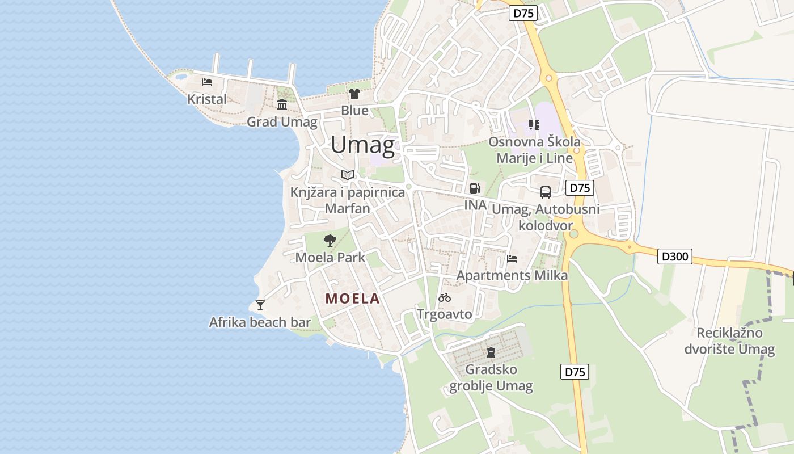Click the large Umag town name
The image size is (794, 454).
click(x=362, y=145)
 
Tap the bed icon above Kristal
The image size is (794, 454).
click(x=207, y=82)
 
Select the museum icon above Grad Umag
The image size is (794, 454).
click(x=282, y=104)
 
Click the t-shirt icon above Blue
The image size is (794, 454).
click(x=354, y=94)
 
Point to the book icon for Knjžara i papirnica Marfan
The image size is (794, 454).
click(x=348, y=175)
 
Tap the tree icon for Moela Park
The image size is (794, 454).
click(x=330, y=240)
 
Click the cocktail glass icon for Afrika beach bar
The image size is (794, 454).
click(x=260, y=305)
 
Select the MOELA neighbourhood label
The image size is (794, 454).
click(x=352, y=299)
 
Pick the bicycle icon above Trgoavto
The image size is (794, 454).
click(x=445, y=297)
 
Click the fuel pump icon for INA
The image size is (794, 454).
click(x=475, y=188)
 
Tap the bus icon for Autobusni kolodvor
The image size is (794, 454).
click(x=546, y=192)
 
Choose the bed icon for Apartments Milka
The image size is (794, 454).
click(x=512, y=259)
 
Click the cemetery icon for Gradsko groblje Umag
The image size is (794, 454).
click(x=491, y=352)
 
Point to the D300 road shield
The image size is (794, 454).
click(x=675, y=257)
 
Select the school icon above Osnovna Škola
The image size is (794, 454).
click(x=534, y=124)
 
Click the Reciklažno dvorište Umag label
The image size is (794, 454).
click(x=729, y=340)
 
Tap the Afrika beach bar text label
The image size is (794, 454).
click(x=260, y=322)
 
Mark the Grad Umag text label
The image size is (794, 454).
click(x=282, y=121)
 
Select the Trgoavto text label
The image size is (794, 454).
click(x=445, y=314)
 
